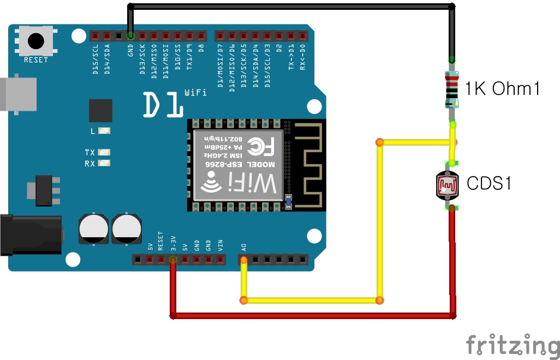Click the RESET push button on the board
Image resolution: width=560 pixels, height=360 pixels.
[x=35, y=40]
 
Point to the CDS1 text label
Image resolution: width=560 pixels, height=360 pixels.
[x=489, y=184]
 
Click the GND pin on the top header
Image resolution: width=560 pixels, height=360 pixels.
[x=130, y=36]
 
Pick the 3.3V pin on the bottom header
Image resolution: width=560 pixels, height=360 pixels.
[x=173, y=259]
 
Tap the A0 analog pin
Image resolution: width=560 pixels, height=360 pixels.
[x=243, y=259]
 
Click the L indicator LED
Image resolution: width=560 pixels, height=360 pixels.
[x=105, y=131]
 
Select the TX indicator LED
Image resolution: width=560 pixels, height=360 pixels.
[x=105, y=152]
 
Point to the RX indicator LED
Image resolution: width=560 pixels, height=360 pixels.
[x=105, y=163]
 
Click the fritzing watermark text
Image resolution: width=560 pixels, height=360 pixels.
[x=512, y=345]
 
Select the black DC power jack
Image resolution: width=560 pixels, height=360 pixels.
[x=30, y=235]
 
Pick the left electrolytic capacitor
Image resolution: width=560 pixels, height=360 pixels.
[x=93, y=229]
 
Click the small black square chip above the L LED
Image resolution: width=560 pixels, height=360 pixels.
[x=100, y=111]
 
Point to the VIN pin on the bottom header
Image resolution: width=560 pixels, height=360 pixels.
[x=220, y=259]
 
